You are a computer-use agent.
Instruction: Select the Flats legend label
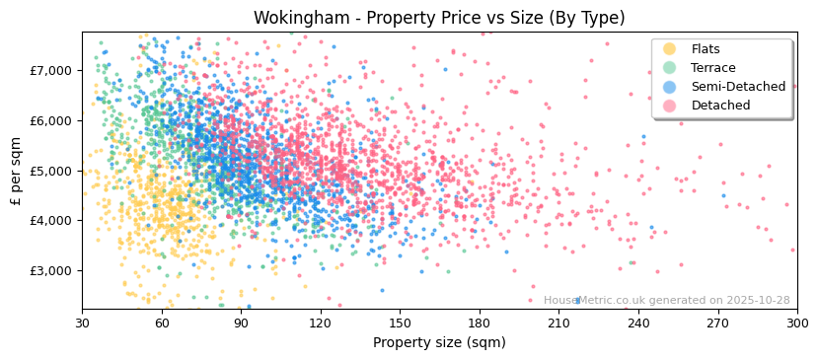[706, 49]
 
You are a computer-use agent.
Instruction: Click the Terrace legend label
[712, 68]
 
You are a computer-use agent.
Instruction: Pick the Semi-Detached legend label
[738, 87]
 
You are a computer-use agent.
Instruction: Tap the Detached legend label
[719, 106]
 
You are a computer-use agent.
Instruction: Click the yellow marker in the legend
[669, 49]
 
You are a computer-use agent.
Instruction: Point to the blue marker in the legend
[669, 87]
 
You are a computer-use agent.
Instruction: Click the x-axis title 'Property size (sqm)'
[439, 343]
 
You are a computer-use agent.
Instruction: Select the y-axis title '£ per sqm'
[16, 171]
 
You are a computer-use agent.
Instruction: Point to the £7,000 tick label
[50, 70]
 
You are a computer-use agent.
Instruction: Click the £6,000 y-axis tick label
[50, 120]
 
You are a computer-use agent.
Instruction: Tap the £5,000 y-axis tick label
[50, 171]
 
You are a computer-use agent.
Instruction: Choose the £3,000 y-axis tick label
[50, 270]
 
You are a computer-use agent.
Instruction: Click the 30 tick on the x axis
[82, 323]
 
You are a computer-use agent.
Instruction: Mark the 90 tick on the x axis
[241, 323]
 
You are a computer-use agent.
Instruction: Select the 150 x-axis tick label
[400, 323]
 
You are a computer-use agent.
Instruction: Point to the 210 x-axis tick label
[558, 323]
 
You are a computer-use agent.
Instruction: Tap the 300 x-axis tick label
[796, 323]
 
